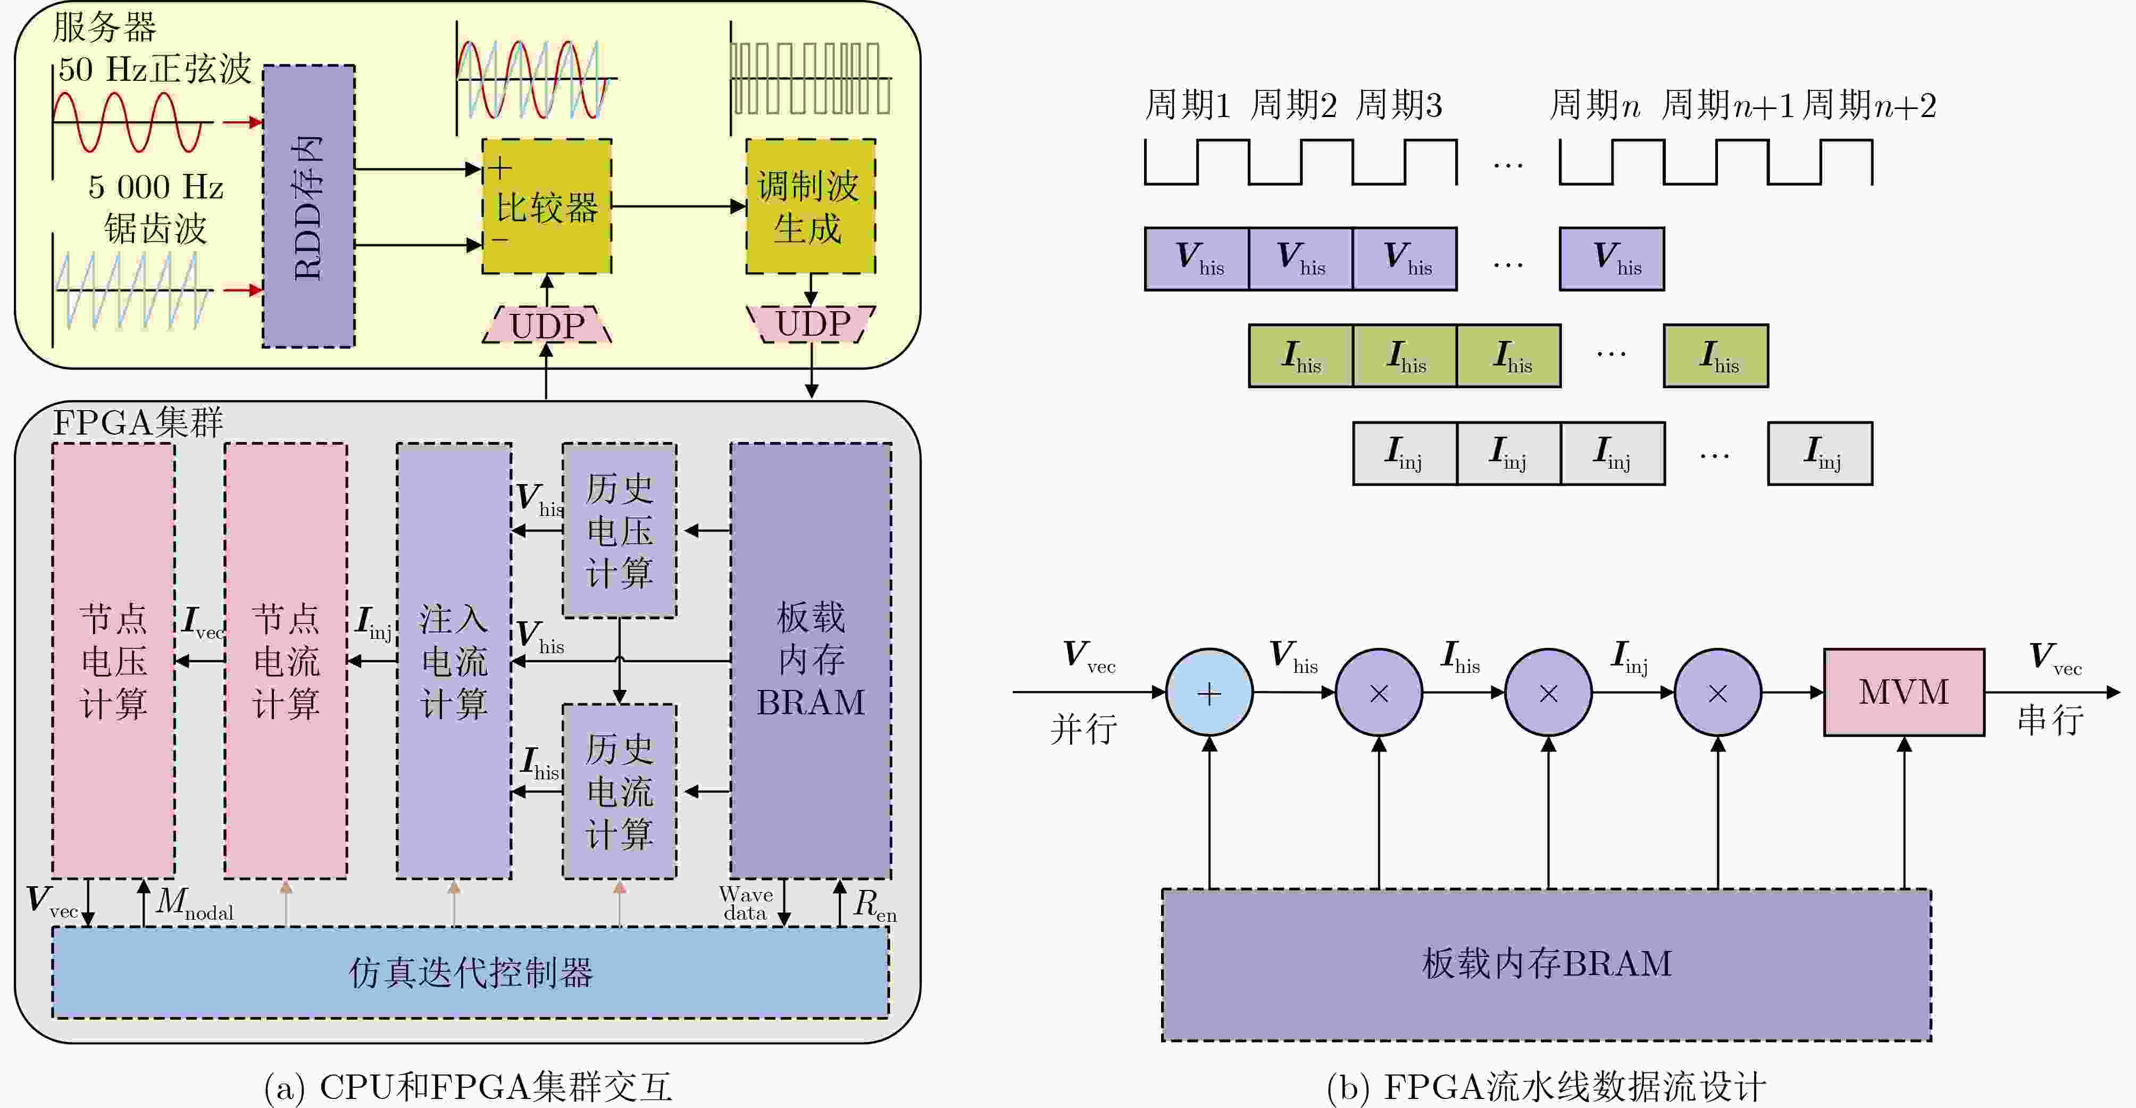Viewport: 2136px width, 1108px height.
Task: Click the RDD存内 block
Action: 308,206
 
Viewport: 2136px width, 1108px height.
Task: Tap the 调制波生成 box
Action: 810,206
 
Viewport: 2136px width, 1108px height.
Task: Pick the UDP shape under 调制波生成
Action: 812,323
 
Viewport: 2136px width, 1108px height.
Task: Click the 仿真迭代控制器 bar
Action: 470,972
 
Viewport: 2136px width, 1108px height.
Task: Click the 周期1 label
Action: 1187,105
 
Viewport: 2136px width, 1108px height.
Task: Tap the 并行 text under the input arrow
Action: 1083,729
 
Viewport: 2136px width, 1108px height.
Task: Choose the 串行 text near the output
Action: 2050,719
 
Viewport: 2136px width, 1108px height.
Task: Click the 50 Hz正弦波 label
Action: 154,69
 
